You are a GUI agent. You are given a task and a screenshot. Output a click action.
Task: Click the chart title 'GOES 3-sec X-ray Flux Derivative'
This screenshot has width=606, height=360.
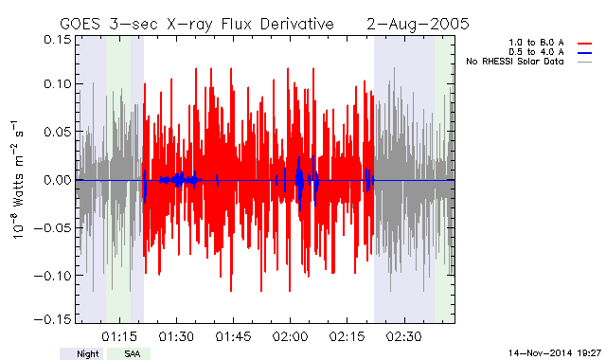pyautogui.click(x=197, y=25)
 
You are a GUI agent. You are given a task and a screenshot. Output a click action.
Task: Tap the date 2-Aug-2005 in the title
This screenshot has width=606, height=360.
pyautogui.click(x=418, y=25)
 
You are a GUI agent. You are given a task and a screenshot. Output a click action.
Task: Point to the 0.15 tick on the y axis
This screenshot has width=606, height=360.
pyautogui.click(x=58, y=40)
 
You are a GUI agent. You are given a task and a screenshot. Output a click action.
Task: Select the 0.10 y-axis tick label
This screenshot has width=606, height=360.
pyautogui.click(x=58, y=84)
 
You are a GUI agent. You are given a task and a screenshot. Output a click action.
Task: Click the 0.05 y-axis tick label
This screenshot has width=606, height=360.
pyautogui.click(x=58, y=132)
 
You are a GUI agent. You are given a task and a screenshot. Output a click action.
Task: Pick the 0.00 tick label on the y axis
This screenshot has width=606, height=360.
pyautogui.click(x=58, y=180)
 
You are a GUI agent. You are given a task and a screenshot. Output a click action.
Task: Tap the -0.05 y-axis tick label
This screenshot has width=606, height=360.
pyautogui.click(x=53, y=227)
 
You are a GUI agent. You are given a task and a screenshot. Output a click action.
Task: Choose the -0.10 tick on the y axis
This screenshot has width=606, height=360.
pyautogui.click(x=53, y=276)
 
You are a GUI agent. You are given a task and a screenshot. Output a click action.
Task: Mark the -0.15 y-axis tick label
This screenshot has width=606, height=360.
pyautogui.click(x=53, y=319)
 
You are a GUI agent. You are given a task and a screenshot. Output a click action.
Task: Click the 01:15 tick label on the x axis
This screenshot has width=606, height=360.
pyautogui.click(x=120, y=336)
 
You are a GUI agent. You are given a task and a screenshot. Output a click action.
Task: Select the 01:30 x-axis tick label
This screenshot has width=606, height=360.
pyautogui.click(x=177, y=336)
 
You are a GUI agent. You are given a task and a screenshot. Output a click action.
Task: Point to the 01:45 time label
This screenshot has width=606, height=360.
pyautogui.click(x=234, y=336)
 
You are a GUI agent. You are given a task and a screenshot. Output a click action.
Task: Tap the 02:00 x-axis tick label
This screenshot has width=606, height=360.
pyautogui.click(x=291, y=336)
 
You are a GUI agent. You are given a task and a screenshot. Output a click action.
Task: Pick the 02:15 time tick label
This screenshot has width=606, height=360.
pyautogui.click(x=348, y=336)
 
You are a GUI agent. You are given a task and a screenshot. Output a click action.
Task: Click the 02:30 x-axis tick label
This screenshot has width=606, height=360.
pyautogui.click(x=404, y=336)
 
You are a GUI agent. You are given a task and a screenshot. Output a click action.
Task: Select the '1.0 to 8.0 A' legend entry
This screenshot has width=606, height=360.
pyautogui.click(x=536, y=43)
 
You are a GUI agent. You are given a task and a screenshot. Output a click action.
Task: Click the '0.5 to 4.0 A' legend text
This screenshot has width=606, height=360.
pyautogui.click(x=536, y=52)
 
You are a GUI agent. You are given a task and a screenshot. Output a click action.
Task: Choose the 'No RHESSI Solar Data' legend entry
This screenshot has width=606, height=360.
pyautogui.click(x=515, y=62)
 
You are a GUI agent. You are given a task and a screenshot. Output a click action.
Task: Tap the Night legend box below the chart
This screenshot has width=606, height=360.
pyautogui.click(x=81, y=353)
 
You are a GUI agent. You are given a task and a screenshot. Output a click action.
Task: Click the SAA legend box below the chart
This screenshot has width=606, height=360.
pyautogui.click(x=129, y=353)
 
